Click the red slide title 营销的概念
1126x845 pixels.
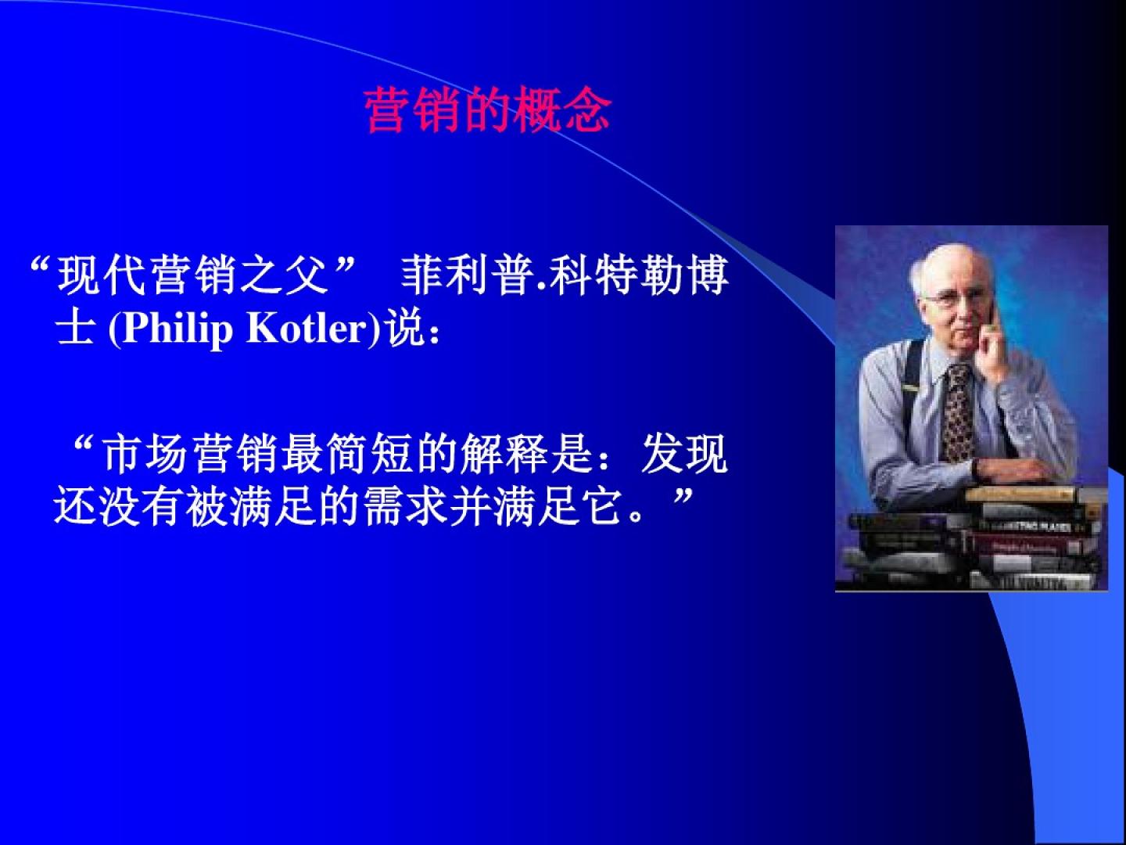tap(488, 110)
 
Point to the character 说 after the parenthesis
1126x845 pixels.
tap(406, 327)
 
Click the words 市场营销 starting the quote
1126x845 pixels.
tap(190, 454)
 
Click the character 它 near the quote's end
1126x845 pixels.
tap(601, 507)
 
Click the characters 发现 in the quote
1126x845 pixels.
tap(683, 454)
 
